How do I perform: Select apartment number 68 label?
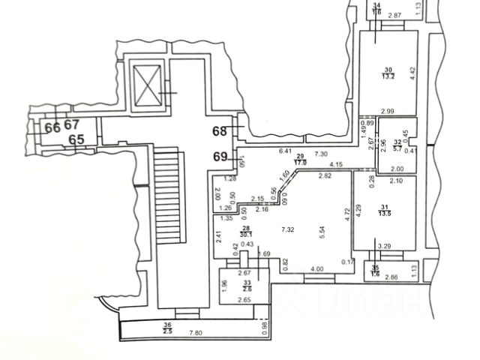(x=220, y=131)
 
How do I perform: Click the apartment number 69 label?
(x=220, y=157)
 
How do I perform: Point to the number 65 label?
(x=75, y=139)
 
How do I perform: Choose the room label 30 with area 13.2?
(x=388, y=72)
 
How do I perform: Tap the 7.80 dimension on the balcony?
(x=196, y=333)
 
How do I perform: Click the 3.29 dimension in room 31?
(x=385, y=244)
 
